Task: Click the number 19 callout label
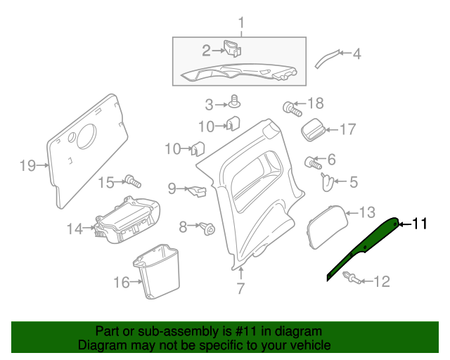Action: click(27, 166)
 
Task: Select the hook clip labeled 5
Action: click(326, 182)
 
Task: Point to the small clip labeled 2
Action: click(231, 49)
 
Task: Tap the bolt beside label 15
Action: click(131, 181)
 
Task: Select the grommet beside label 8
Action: click(207, 228)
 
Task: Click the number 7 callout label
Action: click(240, 288)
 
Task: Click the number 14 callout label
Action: click(75, 228)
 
